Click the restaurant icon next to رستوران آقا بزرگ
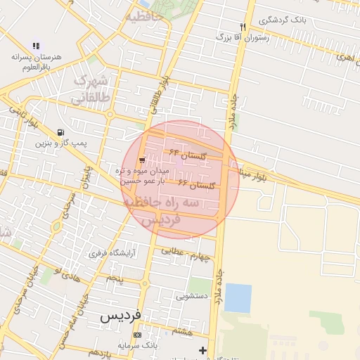tap(243, 27)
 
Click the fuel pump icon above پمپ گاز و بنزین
tap(61, 131)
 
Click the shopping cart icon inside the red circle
tap(143, 160)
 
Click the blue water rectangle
tap(238, 298)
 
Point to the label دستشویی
tap(191, 296)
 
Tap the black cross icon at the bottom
tap(203, 350)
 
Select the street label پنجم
tap(115, 279)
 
